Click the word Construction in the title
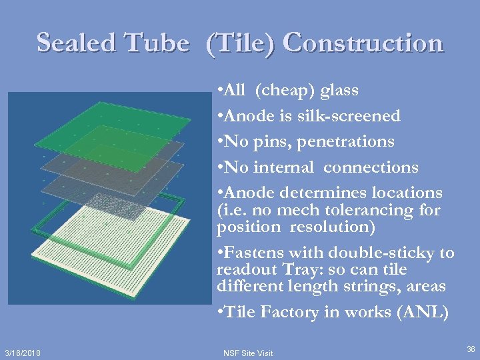(363, 43)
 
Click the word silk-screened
(347, 116)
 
